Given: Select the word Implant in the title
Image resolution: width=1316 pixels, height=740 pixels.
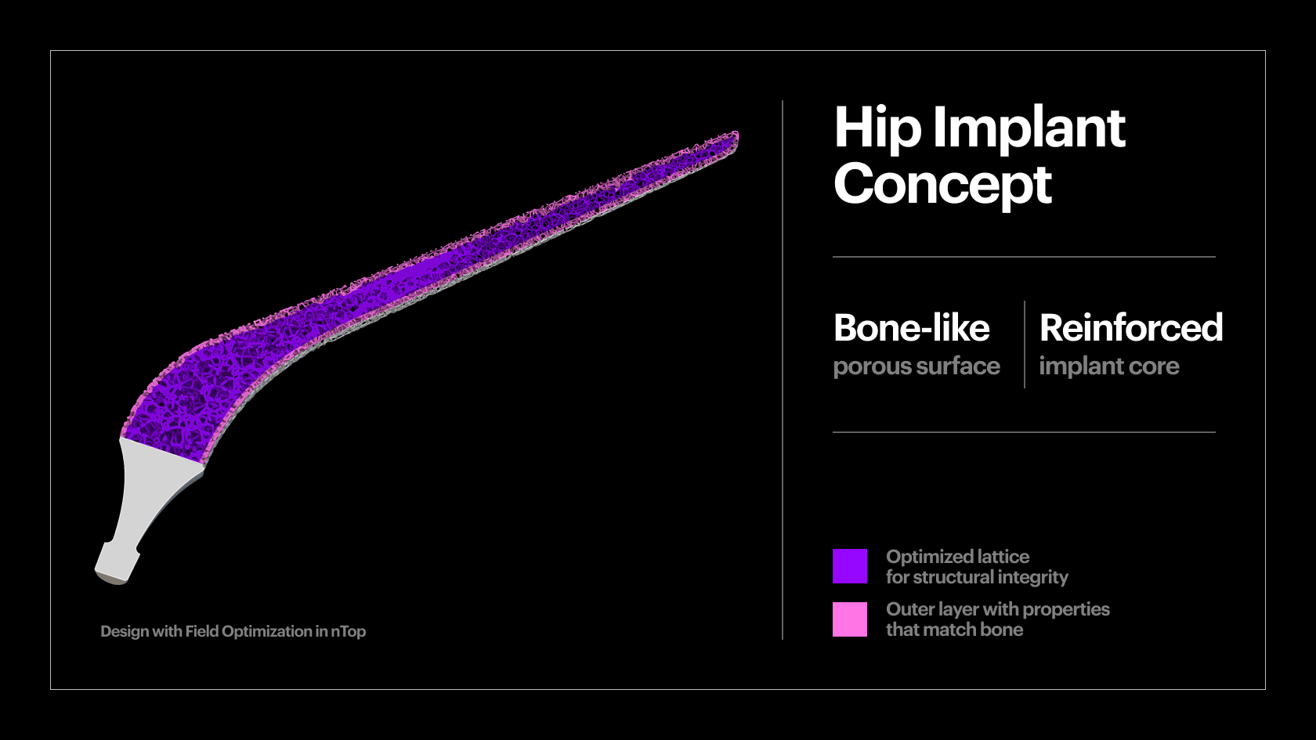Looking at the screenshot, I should click(1029, 128).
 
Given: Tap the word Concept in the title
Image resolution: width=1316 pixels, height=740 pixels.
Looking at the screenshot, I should click(942, 185).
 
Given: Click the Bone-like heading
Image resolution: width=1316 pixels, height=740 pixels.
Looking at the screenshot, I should click(911, 328).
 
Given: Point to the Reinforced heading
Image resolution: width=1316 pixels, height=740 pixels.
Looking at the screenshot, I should click(1130, 328).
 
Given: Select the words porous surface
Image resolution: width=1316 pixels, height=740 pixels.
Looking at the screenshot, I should click(916, 366).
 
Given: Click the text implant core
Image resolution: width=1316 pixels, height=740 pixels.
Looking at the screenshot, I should click(1108, 366).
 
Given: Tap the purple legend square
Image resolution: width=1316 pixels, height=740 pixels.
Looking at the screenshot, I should click(850, 566).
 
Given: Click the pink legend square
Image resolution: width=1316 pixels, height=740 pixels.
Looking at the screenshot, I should click(850, 619).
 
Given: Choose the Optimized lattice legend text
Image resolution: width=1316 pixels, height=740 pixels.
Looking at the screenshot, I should click(957, 557).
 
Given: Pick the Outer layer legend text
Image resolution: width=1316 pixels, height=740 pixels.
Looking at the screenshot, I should click(997, 609).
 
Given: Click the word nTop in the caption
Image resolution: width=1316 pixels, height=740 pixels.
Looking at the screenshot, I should click(348, 631).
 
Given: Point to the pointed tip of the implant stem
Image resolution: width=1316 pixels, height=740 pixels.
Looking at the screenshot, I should click(734, 138).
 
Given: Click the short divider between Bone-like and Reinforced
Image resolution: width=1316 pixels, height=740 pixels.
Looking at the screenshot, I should click(1025, 345).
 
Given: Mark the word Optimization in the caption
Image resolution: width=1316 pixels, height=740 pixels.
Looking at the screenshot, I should click(266, 631).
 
